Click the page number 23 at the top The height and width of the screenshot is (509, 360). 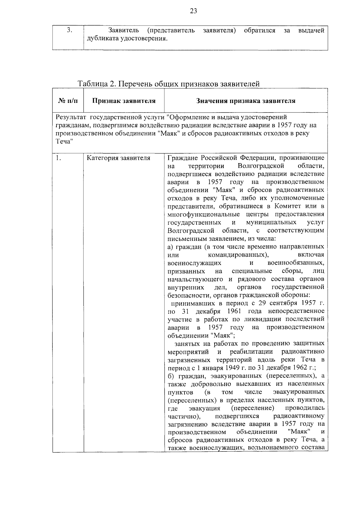click(x=193, y=11)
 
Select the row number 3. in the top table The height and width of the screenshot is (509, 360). click(x=69, y=30)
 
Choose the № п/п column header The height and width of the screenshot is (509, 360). click(x=68, y=101)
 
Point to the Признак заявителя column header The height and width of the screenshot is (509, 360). click(x=124, y=101)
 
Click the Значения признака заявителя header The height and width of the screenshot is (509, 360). click(x=246, y=101)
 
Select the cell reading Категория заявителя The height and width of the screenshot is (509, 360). click(x=118, y=158)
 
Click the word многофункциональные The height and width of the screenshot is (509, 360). click(x=204, y=214)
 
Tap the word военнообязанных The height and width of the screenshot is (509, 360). click(x=295, y=263)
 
